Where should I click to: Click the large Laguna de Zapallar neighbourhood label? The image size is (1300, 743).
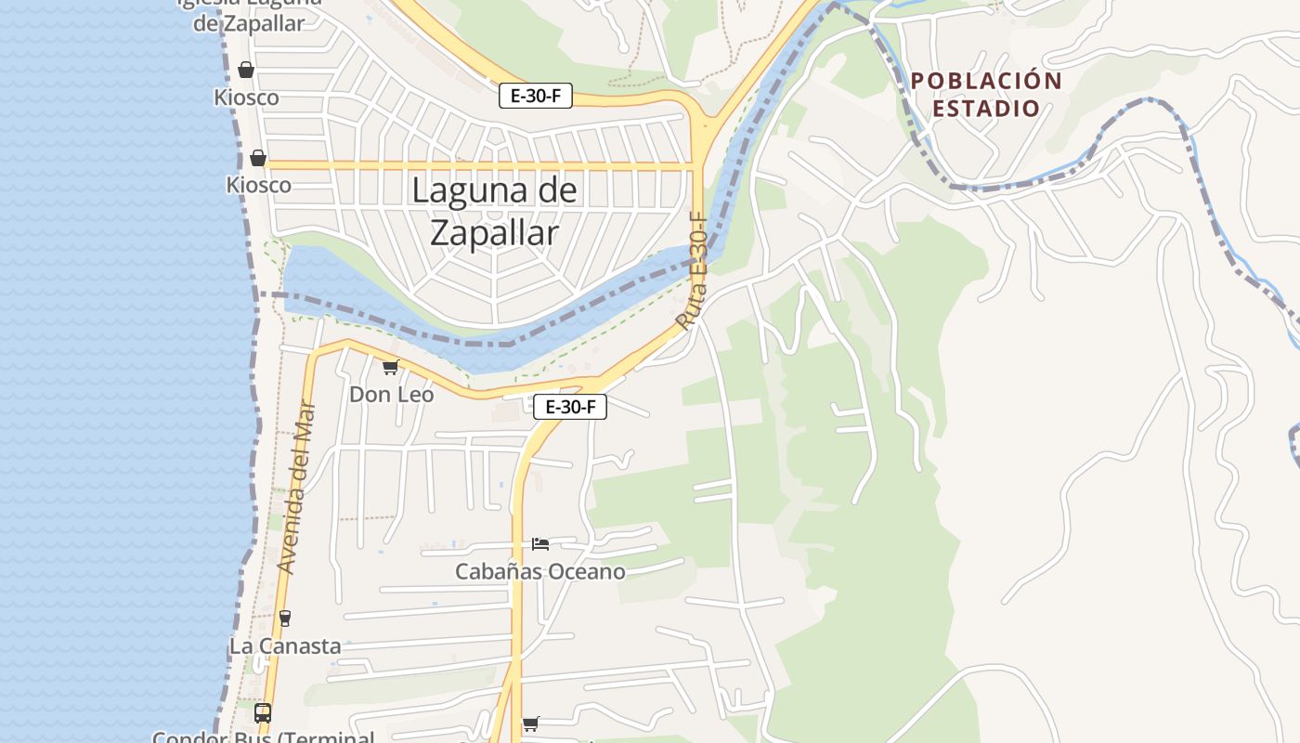(x=494, y=212)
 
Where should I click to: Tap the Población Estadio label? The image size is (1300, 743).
(x=986, y=95)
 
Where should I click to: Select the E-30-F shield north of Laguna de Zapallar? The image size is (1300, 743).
(x=535, y=96)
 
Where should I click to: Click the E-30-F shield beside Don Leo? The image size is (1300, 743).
(x=569, y=406)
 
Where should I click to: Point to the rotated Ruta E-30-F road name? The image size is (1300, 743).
(x=693, y=272)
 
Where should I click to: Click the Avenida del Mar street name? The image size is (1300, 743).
(x=297, y=487)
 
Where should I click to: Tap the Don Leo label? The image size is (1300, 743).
(x=391, y=395)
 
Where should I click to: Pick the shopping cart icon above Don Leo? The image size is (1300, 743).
(x=391, y=368)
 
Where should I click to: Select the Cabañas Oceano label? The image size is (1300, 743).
(x=539, y=571)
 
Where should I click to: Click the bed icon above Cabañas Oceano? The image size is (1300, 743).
(x=540, y=543)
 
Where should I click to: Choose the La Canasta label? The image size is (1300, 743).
(x=285, y=646)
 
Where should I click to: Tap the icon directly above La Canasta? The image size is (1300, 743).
(x=285, y=619)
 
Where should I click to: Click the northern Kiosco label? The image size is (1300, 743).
(x=246, y=98)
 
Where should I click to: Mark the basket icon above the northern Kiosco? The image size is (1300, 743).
(x=246, y=70)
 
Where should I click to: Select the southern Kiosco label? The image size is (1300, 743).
(x=258, y=185)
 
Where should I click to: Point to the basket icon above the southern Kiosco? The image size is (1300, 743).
(x=258, y=158)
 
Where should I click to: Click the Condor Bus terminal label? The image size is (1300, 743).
(x=263, y=737)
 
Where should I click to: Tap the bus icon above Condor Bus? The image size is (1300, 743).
(x=263, y=713)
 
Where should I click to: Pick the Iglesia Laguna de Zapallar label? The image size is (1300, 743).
(x=249, y=13)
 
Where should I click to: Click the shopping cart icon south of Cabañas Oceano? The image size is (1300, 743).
(x=530, y=723)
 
